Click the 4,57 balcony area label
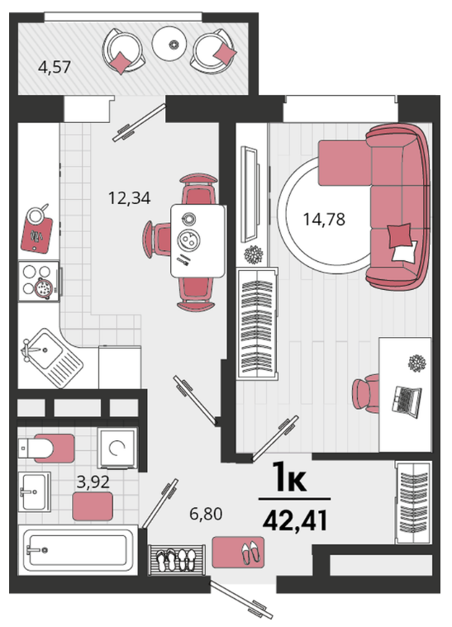point(55,67)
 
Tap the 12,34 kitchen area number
point(130,198)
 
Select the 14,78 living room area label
point(324,219)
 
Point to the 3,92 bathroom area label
point(93,482)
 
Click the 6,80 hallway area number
point(206,514)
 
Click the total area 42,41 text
point(295,520)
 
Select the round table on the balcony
point(170,43)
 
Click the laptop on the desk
point(406,401)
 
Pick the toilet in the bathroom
point(45,448)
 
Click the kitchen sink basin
point(43,351)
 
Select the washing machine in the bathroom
point(117,448)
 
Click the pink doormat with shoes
point(238,552)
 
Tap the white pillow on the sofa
point(405,252)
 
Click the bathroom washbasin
point(35,492)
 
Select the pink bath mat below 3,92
point(93,506)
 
